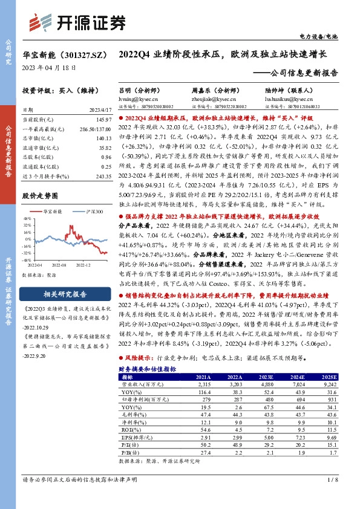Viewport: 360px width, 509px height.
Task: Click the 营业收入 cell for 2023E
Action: (268, 384)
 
